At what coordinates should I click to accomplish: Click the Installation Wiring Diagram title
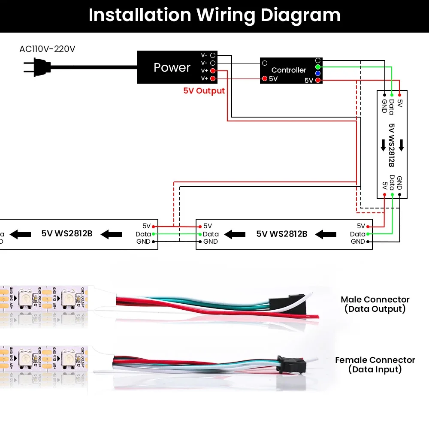coord(214,15)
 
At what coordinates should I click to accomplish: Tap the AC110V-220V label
coord(47,49)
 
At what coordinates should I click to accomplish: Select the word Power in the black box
coord(172,67)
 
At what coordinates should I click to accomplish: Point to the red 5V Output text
coord(204,91)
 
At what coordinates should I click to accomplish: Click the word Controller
coord(289,70)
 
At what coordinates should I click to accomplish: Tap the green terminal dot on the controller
coord(318,67)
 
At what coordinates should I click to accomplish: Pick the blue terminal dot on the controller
coord(318,73)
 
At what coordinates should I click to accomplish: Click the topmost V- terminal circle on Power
coord(213,56)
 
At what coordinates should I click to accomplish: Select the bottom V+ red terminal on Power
coord(213,79)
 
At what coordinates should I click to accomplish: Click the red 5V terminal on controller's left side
coord(265,79)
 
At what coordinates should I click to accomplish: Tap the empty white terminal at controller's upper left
coord(265,63)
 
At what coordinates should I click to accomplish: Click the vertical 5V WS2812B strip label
coord(392,145)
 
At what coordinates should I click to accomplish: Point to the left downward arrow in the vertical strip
coord(384,145)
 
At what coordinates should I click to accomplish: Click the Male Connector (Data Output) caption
coord(375,304)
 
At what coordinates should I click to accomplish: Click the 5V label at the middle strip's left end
coord(208,226)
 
